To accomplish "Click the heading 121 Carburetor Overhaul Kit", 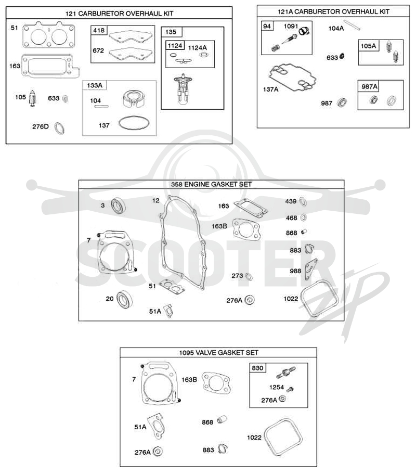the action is [119, 14].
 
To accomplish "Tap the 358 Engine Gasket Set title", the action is [211, 184].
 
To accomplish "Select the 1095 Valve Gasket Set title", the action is [219, 353].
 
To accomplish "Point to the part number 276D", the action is [41, 126].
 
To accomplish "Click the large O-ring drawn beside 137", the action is [134, 123].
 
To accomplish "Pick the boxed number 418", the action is [99, 31].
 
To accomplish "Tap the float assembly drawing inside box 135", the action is [183, 88].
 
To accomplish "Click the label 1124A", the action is [197, 48].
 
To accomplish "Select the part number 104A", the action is [336, 29].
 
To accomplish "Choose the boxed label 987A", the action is [369, 87].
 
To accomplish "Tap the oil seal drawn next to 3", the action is [118, 206].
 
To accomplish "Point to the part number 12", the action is [155, 200].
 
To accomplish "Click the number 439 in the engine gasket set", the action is [291, 201].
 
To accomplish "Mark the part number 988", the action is [295, 271].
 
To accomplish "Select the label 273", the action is [237, 276].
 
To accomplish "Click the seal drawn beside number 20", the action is [124, 299].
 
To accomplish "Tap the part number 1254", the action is [277, 387].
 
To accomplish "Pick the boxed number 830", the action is [257, 368].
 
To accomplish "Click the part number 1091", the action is [291, 27].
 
